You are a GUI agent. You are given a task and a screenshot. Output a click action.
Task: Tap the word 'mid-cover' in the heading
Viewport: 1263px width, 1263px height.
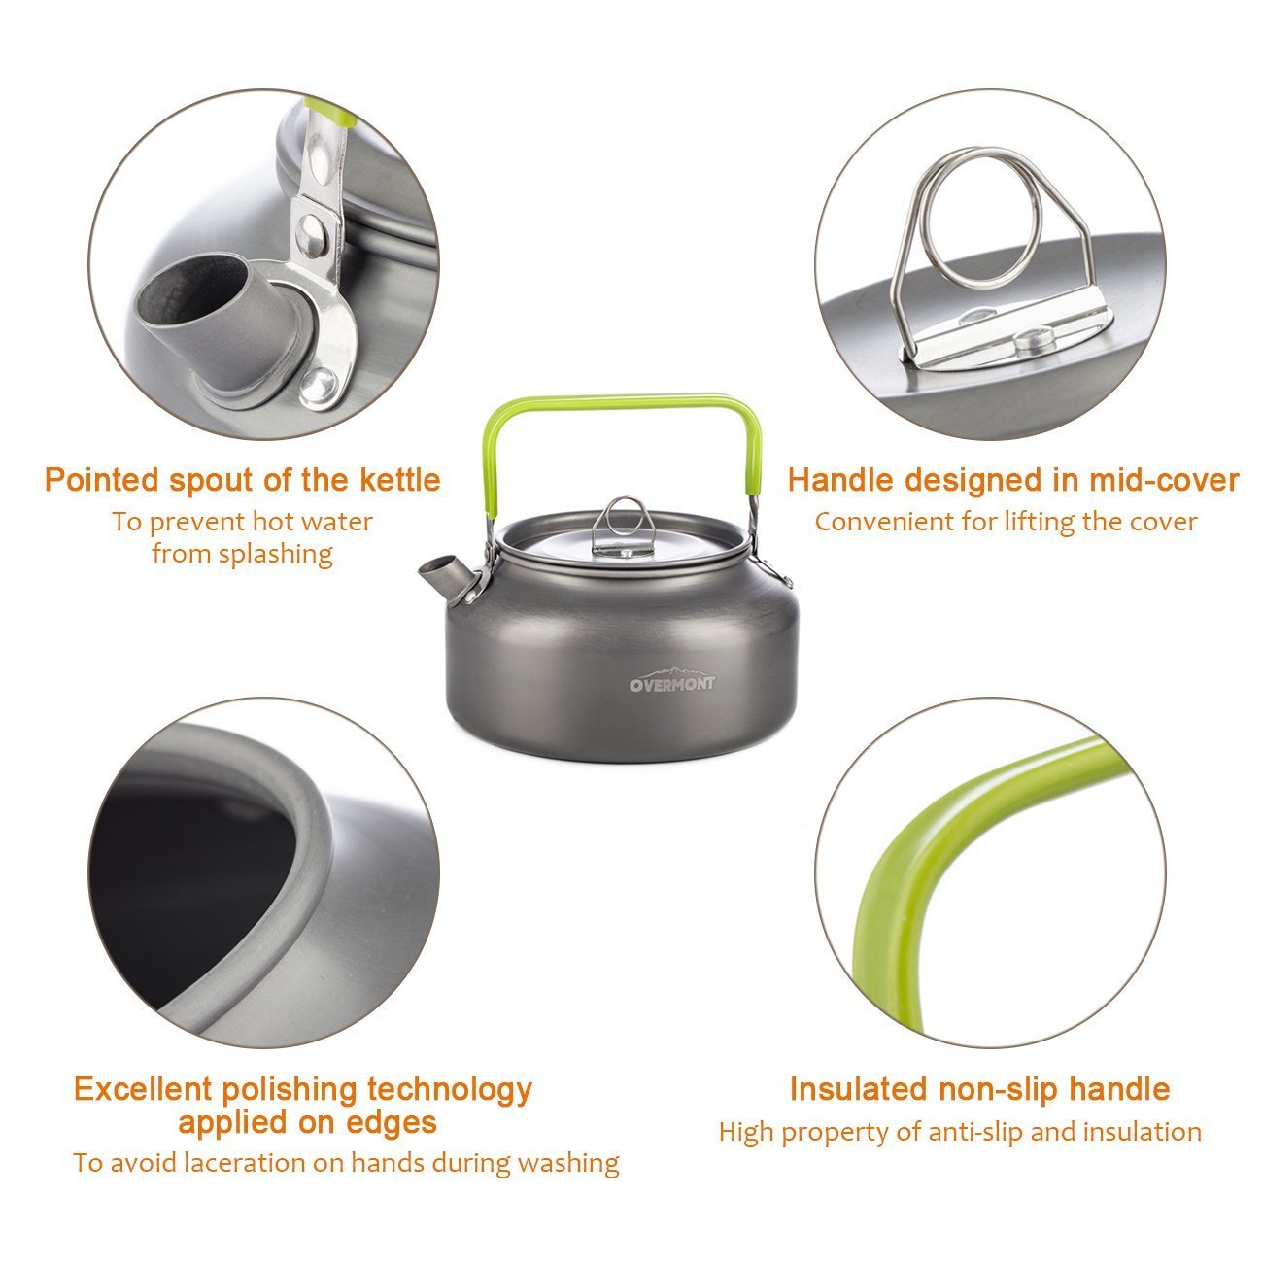pyautogui.click(x=1163, y=480)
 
